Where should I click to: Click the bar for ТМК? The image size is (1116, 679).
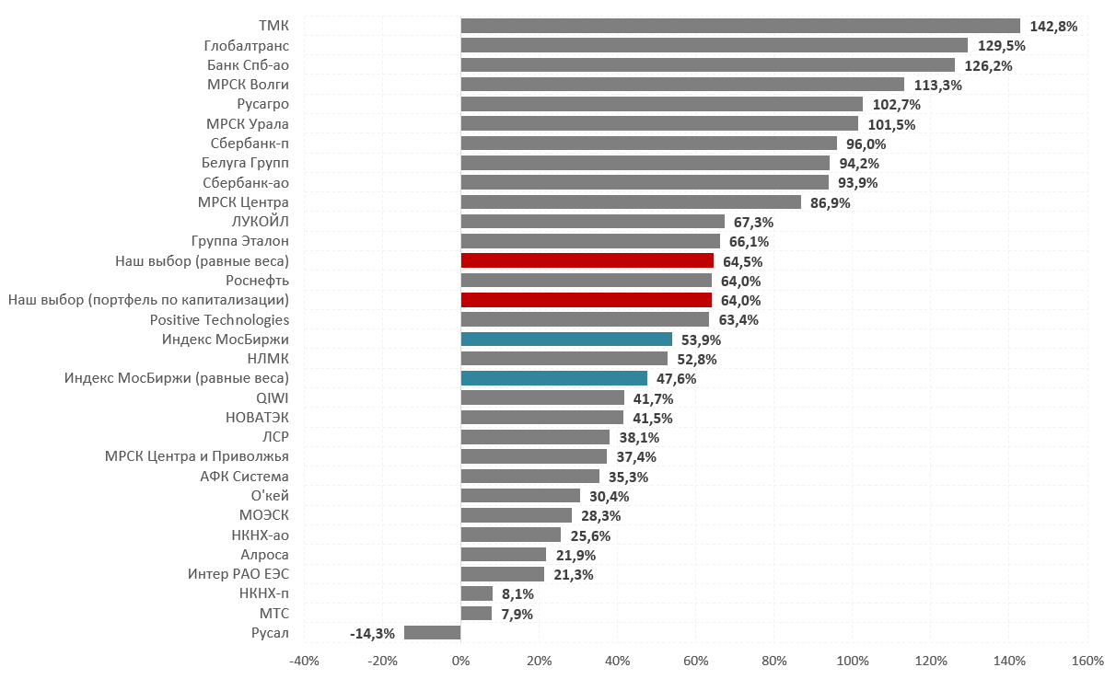point(740,26)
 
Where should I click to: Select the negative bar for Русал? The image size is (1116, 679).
point(432,632)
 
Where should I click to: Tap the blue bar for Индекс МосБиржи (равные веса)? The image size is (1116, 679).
point(553,378)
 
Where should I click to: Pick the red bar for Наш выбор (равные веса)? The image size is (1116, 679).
point(587,261)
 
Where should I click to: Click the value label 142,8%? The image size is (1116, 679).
point(1053,27)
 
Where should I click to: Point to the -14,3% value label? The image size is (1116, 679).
point(372,633)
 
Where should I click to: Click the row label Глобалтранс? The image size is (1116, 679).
point(246,46)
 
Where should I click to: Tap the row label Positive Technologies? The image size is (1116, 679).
point(219,320)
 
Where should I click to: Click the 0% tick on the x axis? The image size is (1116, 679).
point(460,661)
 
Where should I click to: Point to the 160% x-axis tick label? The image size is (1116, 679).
point(1087,661)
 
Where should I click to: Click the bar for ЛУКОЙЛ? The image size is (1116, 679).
point(592,222)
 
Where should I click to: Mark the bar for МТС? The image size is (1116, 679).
point(476,613)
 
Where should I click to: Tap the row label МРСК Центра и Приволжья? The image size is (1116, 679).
point(196,456)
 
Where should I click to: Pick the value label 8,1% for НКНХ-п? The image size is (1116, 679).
point(517,594)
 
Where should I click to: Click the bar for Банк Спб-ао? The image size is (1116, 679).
point(707,65)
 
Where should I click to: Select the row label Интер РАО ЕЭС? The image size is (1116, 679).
point(238,574)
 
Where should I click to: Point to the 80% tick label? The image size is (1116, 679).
point(773,661)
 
